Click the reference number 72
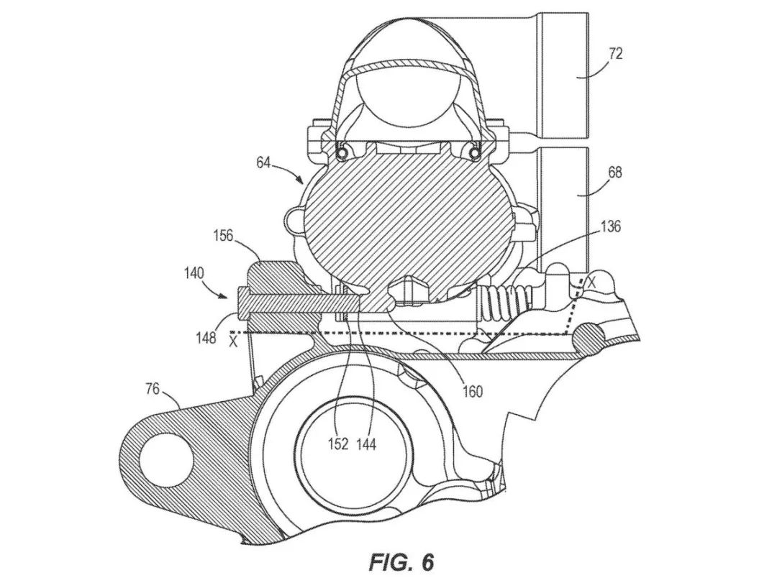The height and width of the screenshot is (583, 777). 615,54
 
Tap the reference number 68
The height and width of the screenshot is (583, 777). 615,173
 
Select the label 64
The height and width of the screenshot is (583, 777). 263,163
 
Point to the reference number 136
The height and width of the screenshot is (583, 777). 611,227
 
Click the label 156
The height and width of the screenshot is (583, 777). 223,236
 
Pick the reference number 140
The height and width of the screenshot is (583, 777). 194,273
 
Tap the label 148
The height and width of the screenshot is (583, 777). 206,336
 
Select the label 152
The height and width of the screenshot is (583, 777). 339,444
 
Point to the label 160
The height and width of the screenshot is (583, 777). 473,391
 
